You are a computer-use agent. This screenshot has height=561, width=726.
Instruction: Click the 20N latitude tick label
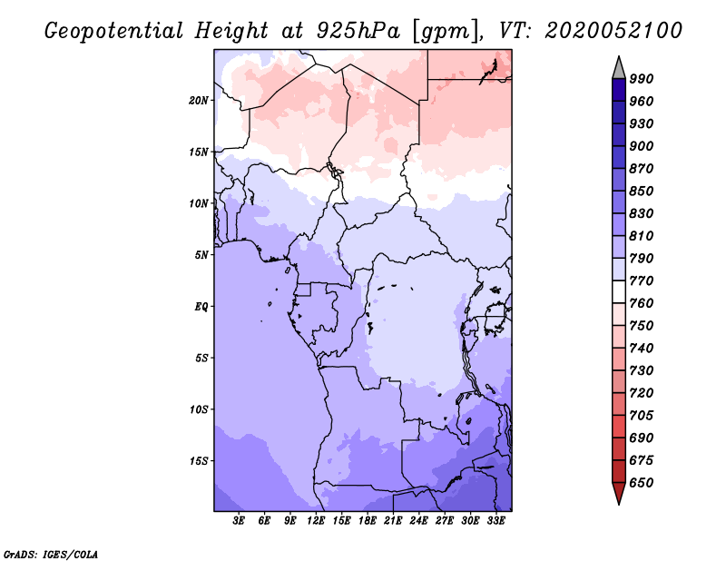(x=199, y=101)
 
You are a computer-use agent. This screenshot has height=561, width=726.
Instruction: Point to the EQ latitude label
(x=201, y=307)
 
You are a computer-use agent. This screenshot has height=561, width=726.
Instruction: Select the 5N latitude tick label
(x=201, y=255)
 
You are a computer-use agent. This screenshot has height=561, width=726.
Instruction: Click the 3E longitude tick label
(x=239, y=521)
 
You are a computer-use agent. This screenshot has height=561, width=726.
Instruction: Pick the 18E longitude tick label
(x=368, y=521)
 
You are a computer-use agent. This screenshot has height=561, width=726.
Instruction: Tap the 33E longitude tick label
(x=495, y=521)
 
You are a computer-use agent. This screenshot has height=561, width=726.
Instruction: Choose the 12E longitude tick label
(x=316, y=521)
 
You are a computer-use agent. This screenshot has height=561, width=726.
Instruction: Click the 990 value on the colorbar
(x=642, y=79)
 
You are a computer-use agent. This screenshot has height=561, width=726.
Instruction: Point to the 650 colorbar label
(x=642, y=483)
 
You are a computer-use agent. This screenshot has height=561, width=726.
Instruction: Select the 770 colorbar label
(x=642, y=280)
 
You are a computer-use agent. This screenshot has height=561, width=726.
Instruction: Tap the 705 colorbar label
(x=642, y=416)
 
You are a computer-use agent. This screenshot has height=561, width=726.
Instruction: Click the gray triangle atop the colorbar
(x=619, y=70)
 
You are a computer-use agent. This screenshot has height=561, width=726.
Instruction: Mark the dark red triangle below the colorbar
(x=619, y=492)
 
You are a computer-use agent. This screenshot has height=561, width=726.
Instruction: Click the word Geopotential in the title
(x=114, y=31)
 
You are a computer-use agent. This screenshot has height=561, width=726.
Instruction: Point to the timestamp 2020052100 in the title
(x=613, y=31)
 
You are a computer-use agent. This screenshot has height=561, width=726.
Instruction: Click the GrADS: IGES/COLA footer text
(x=51, y=555)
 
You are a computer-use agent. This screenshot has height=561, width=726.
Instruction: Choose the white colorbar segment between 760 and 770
(x=619, y=292)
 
